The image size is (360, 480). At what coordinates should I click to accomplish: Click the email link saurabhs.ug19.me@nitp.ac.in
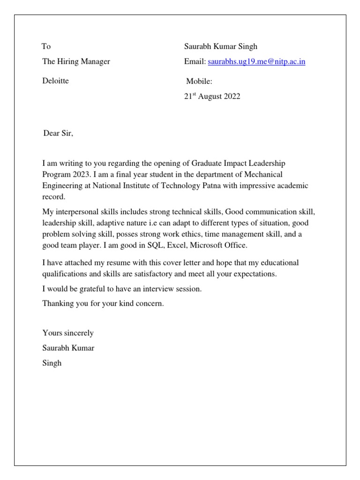click(256, 61)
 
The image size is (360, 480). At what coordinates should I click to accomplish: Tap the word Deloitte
click(55, 81)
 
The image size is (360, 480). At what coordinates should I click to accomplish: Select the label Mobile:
click(199, 81)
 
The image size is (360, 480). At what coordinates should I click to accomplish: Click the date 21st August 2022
click(212, 97)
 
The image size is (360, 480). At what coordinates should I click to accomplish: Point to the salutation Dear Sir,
click(59, 134)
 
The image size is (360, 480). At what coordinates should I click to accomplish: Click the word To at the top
click(46, 46)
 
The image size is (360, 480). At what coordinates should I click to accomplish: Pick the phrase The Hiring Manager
click(76, 61)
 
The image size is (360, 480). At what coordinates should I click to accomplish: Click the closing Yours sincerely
click(68, 333)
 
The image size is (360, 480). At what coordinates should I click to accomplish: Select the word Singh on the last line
click(52, 363)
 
